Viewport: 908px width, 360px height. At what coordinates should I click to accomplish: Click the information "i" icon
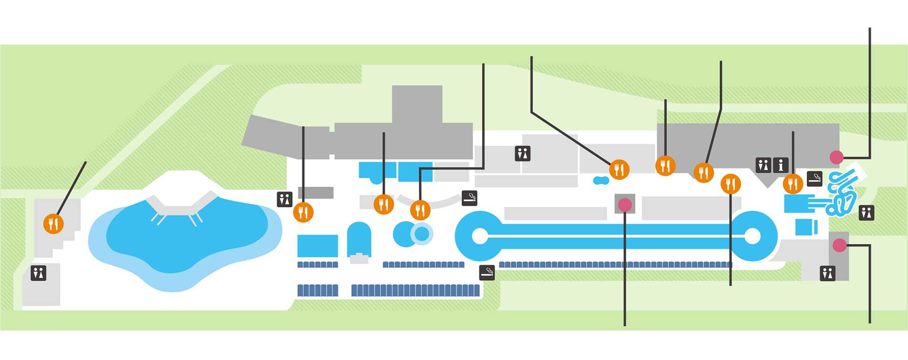click(x=781, y=165)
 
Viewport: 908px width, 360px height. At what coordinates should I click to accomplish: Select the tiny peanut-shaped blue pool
click(x=601, y=180)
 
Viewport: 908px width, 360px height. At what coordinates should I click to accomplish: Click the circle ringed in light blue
click(x=422, y=234)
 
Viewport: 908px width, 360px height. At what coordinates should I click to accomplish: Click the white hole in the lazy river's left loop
click(x=480, y=236)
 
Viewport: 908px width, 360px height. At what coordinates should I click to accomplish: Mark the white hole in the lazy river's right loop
click(x=752, y=236)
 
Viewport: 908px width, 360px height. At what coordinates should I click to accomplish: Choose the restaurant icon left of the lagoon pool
click(x=53, y=223)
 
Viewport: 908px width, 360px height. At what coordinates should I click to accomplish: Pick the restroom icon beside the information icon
click(x=763, y=165)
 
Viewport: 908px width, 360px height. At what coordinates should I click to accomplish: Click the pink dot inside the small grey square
click(x=624, y=205)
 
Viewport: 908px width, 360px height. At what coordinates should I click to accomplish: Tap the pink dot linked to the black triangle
click(x=836, y=157)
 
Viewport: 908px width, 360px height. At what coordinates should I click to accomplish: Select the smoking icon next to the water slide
click(x=814, y=179)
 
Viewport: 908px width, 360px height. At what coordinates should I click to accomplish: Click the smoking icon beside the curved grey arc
click(x=470, y=198)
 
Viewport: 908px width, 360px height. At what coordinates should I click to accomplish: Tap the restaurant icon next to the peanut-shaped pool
click(x=619, y=169)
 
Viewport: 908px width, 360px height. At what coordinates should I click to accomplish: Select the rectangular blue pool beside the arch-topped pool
click(x=317, y=245)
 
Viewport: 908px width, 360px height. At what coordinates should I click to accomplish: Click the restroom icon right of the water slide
click(x=866, y=212)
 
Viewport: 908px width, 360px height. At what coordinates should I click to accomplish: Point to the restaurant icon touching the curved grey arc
click(x=420, y=210)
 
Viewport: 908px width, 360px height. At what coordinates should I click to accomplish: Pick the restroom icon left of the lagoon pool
click(x=39, y=273)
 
